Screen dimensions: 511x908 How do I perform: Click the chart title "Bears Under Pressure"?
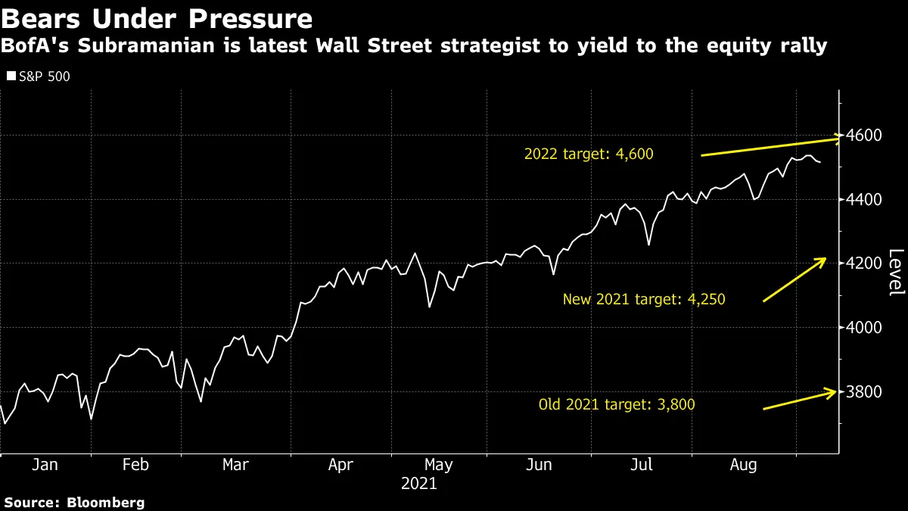click(158, 18)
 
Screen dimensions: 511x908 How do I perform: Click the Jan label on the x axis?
click(45, 465)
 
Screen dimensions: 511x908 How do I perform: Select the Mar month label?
click(236, 465)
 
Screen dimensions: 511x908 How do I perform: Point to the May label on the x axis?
click(439, 465)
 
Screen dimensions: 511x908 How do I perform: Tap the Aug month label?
click(743, 465)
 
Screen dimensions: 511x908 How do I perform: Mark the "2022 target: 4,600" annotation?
click(588, 154)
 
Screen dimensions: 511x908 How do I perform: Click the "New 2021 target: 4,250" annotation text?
click(644, 299)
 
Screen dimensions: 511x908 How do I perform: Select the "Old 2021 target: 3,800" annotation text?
click(616, 404)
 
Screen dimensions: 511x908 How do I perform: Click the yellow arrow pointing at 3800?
click(801, 400)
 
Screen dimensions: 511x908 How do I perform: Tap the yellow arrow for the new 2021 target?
click(794, 279)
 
